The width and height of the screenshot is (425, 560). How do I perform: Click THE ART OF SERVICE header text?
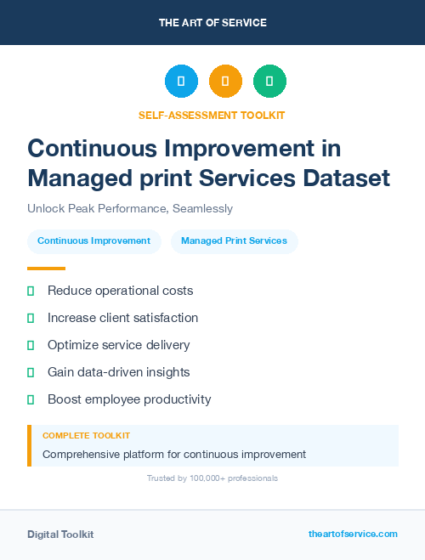point(212,23)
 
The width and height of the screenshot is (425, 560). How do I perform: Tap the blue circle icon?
point(181,82)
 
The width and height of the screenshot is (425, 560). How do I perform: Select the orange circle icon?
point(225,82)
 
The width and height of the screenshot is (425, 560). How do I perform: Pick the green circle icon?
point(269,82)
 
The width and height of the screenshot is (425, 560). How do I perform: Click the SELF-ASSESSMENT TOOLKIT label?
point(212,115)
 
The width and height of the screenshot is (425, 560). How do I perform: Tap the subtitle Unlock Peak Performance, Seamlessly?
point(130,208)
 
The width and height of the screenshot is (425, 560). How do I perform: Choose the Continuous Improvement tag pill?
point(93,241)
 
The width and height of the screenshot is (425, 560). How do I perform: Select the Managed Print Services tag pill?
point(234,241)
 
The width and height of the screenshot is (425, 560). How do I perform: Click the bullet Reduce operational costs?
point(120,291)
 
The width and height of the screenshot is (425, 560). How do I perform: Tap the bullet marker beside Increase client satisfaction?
point(31,318)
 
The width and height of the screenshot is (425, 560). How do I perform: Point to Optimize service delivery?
point(118,345)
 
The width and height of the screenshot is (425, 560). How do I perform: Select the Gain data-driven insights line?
point(118,372)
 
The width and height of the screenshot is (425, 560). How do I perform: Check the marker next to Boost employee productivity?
point(31,399)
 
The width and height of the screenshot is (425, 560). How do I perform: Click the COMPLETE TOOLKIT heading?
point(86,435)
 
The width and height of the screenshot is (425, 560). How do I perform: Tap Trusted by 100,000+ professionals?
point(212,478)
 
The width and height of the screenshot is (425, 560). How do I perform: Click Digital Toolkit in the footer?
point(60,535)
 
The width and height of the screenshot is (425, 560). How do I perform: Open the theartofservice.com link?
point(353,534)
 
